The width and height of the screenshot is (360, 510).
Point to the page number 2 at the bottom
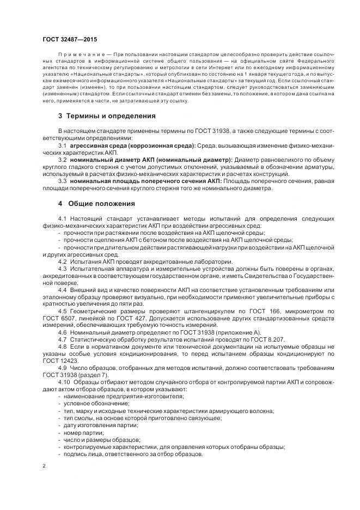(44, 466)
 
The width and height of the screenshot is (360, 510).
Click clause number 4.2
(62, 261)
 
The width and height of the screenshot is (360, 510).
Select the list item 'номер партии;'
(83, 431)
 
